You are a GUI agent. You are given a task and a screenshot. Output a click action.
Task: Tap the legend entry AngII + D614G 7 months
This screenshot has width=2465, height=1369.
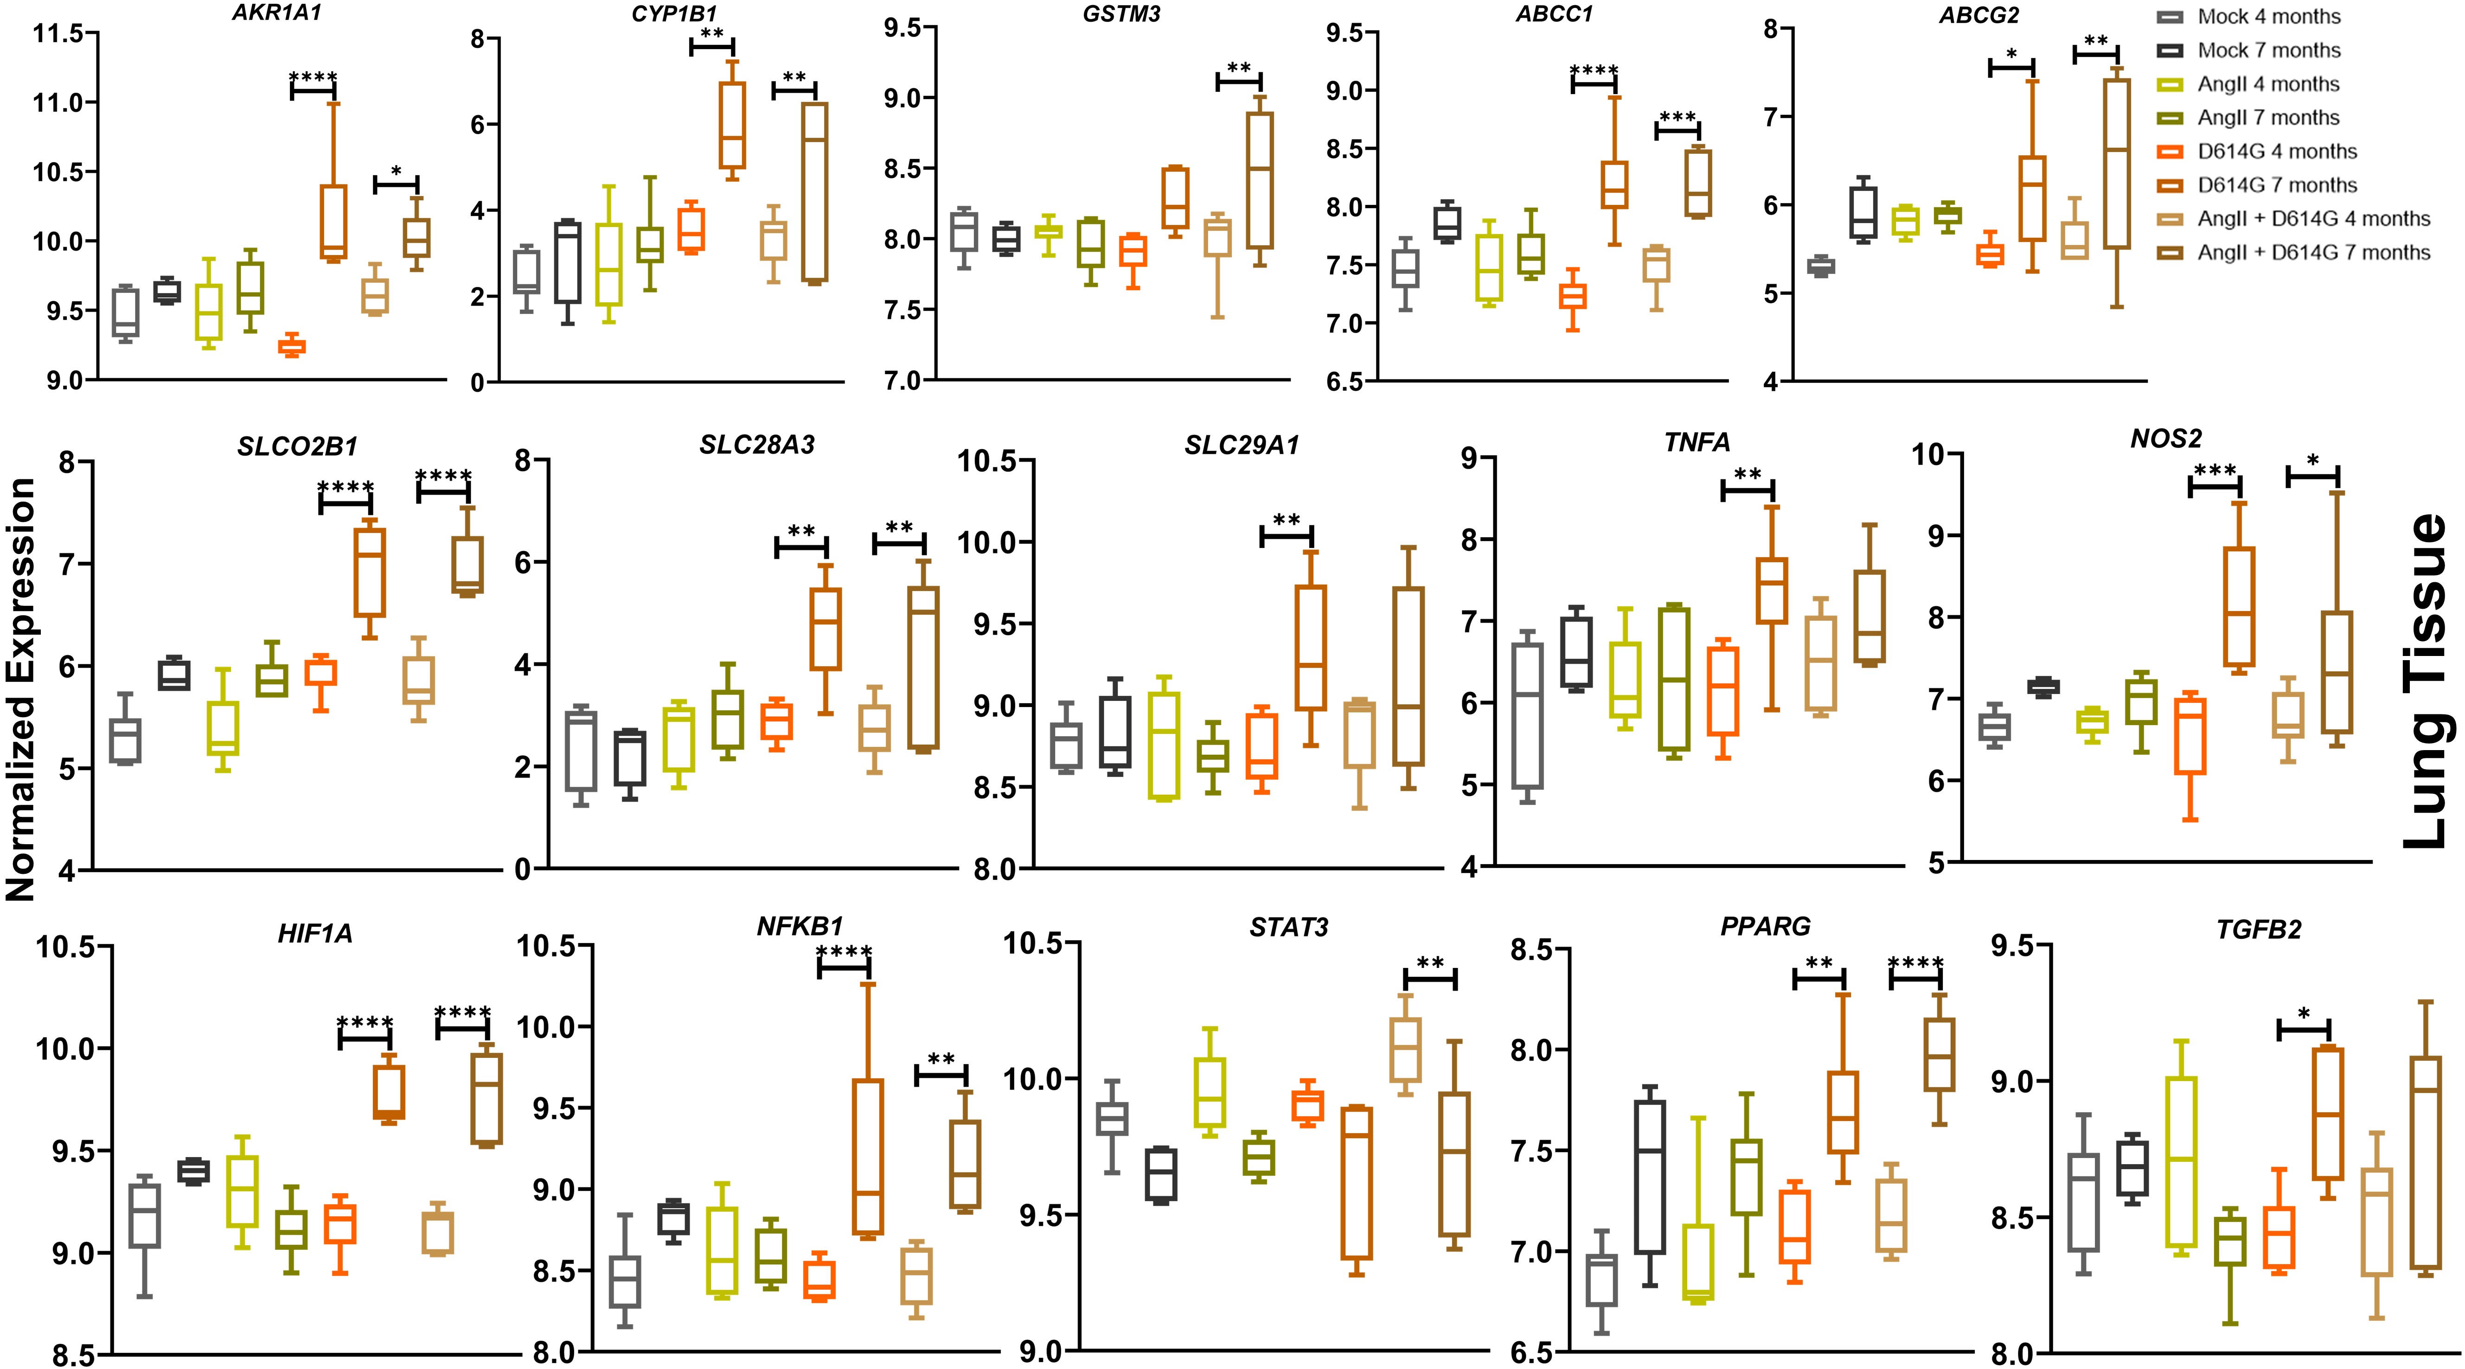coord(2313,253)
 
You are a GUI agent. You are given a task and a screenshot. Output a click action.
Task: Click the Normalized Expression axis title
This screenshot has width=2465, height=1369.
coord(21,689)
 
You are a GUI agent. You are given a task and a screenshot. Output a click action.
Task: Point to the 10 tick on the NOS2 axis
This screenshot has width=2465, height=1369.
coord(1933,453)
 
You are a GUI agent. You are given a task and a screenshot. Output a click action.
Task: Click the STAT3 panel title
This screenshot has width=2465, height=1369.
coord(1289,927)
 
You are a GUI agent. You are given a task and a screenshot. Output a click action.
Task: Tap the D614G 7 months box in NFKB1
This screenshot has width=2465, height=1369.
coord(868,1157)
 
